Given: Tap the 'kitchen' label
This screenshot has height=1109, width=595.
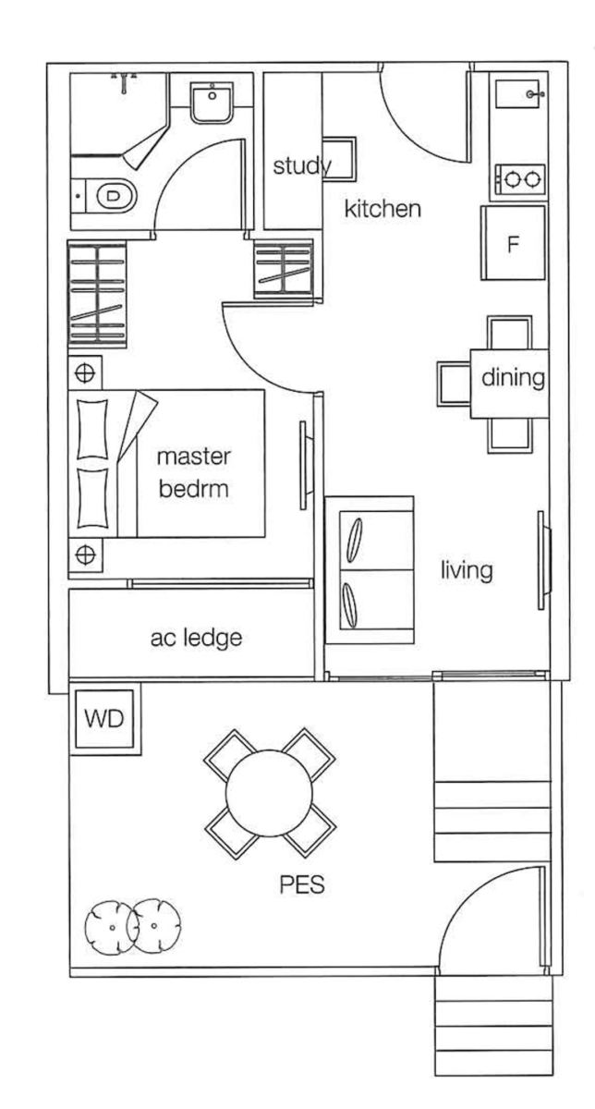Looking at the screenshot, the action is tap(382, 209).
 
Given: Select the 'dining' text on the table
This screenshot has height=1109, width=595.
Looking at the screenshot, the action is tap(513, 377).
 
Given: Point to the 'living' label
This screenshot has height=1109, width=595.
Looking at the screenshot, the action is tap(467, 570).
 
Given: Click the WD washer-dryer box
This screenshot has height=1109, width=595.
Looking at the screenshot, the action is tap(104, 719).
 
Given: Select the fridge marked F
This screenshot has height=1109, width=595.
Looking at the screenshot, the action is tap(514, 242).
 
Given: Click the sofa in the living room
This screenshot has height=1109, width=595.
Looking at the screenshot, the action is tap(370, 570).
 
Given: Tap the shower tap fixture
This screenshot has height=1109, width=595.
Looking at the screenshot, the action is tap(124, 81).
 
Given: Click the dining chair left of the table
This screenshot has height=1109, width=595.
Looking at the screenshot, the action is tap(454, 384).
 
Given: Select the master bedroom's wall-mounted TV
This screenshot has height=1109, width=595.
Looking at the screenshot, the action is tap(305, 466).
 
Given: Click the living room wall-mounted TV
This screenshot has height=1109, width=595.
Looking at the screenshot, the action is tap(544, 560).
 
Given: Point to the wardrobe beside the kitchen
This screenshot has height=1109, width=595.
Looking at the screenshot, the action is tap(284, 269).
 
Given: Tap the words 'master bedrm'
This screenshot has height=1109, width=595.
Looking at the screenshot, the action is tap(194, 473).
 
